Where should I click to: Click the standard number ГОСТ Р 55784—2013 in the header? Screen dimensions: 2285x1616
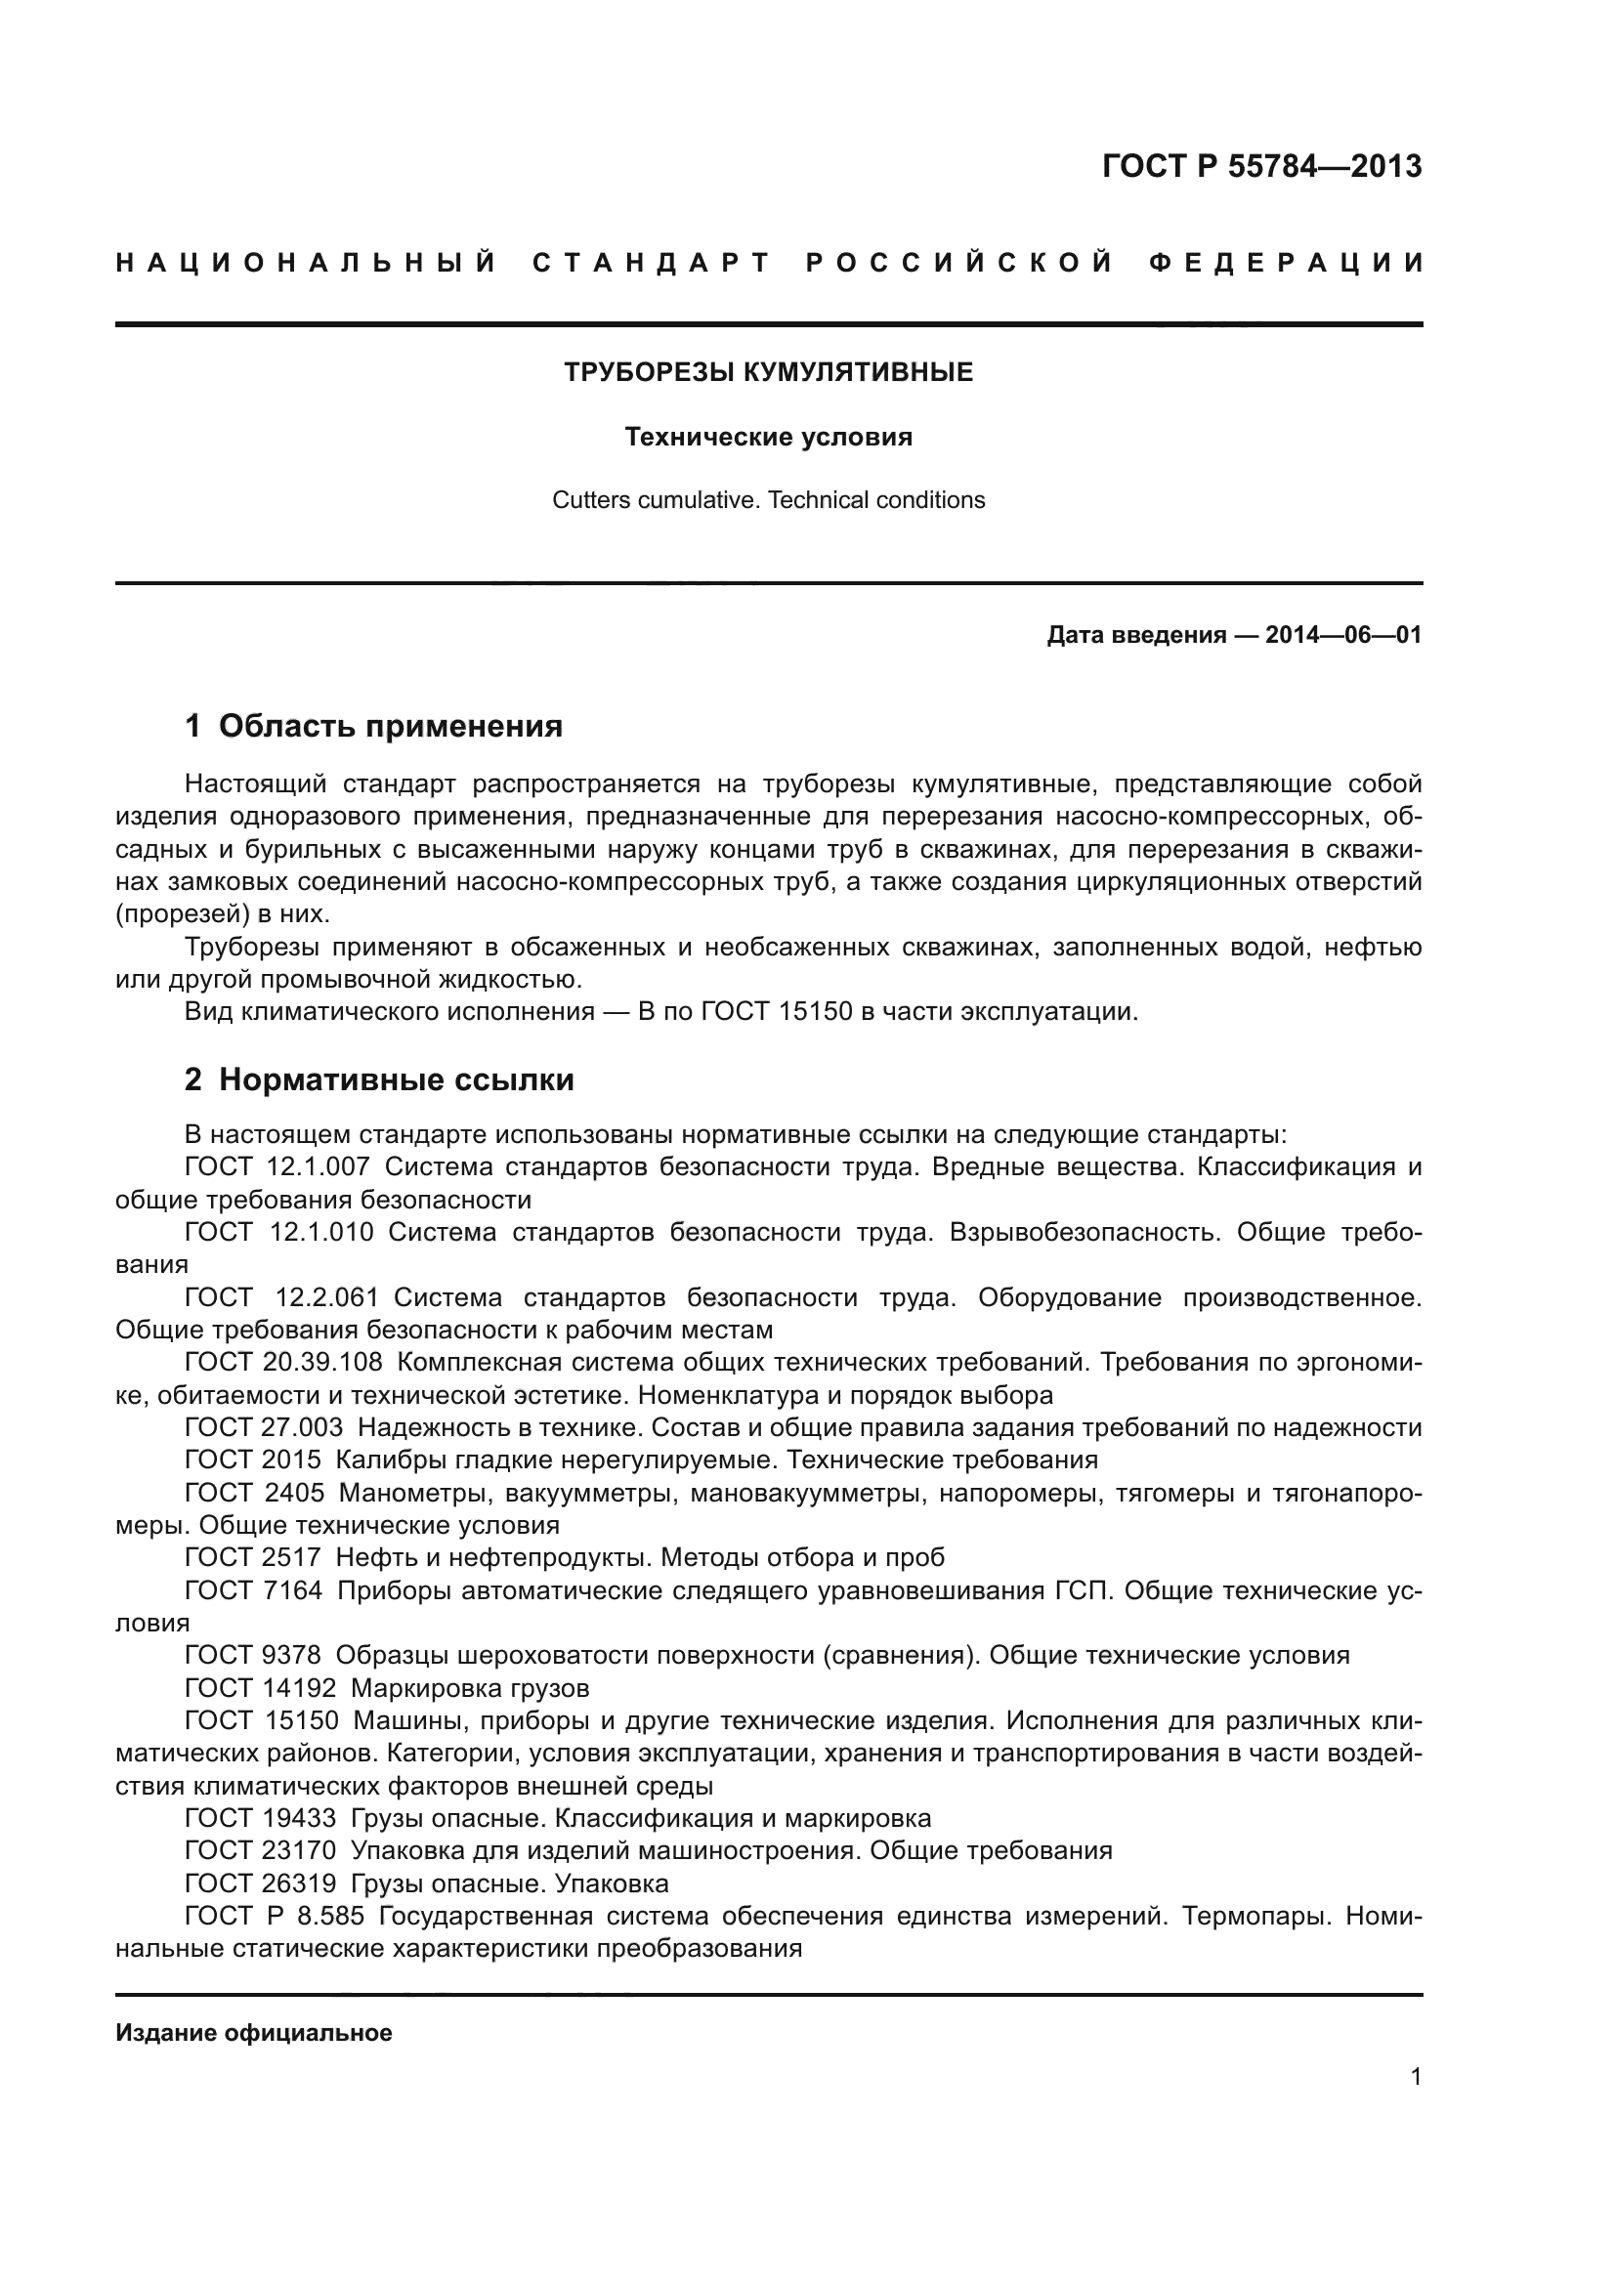1260,166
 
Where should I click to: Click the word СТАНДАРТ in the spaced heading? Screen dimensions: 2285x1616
652,264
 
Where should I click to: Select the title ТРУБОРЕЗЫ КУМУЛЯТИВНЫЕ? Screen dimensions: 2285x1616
768,373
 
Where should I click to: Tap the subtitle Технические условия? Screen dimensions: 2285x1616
768,437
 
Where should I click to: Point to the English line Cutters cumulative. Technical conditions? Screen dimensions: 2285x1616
768,499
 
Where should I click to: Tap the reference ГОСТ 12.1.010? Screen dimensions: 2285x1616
278,1232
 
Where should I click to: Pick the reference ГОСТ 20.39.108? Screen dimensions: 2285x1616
282,1362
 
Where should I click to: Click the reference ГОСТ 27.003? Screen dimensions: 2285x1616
264,1427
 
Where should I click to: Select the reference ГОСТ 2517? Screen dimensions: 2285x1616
253,1556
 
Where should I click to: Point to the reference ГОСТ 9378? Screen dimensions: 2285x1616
253,1655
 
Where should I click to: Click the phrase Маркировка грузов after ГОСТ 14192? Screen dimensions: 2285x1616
470,1688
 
